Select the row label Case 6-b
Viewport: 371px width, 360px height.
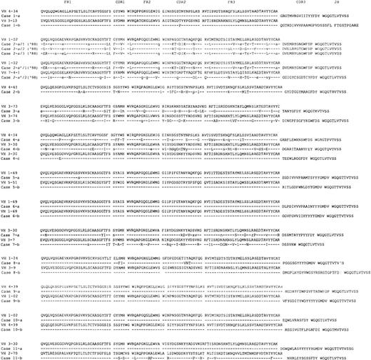(10, 214)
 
